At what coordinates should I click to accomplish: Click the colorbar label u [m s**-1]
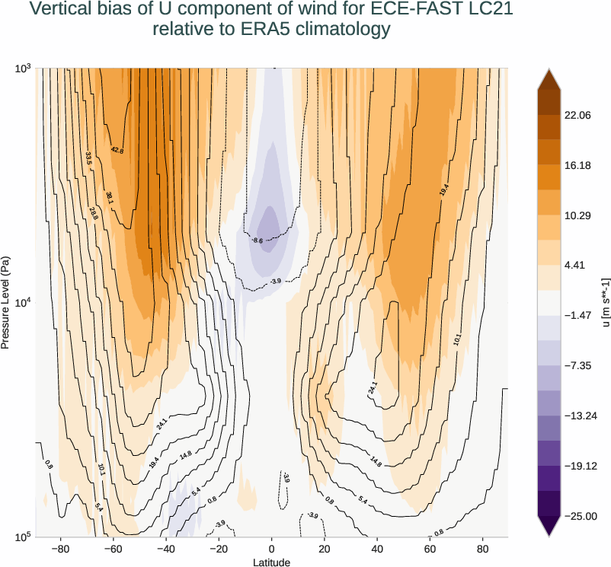606,303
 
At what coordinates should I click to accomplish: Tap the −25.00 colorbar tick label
579,517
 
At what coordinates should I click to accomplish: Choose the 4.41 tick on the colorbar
574,265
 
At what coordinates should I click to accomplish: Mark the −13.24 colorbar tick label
579,416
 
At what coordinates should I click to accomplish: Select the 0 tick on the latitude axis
272,548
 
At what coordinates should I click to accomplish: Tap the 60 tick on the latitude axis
430,548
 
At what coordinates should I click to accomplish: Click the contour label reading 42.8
117,151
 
